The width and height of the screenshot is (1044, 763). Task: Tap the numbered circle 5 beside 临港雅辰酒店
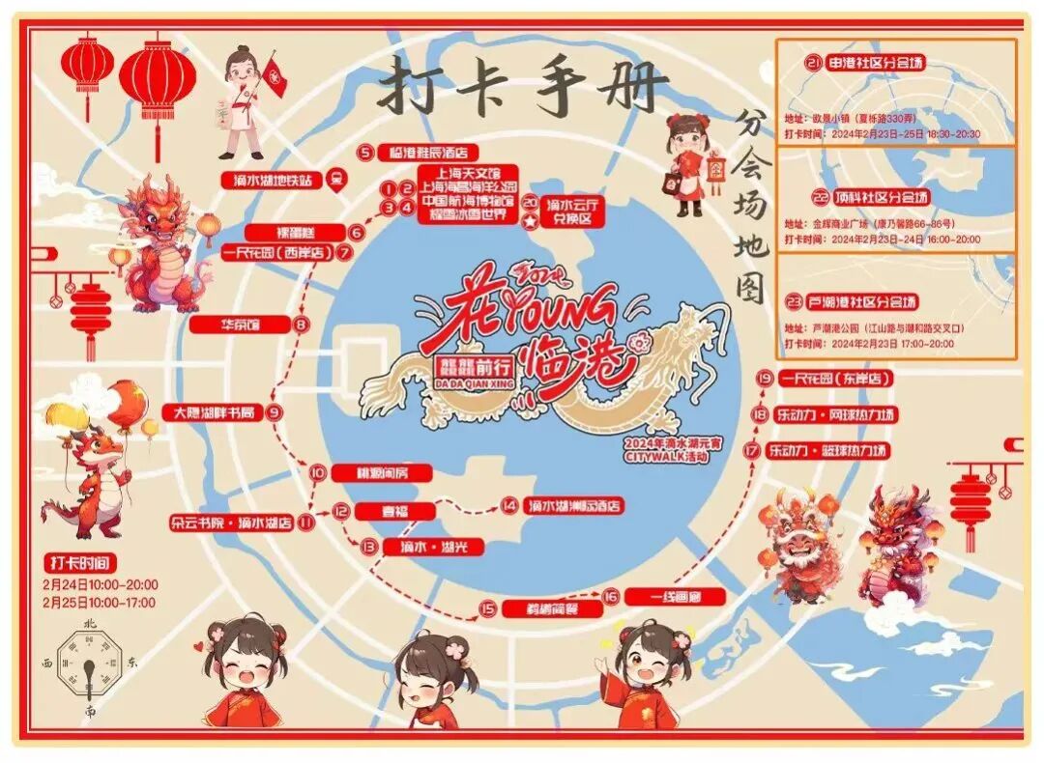point(365,152)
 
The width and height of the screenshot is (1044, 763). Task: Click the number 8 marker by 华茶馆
point(302,325)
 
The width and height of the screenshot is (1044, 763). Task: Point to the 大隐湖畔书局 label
point(214,412)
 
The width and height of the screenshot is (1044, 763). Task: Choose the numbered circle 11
point(306,523)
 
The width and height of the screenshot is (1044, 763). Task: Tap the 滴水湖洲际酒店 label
point(574,506)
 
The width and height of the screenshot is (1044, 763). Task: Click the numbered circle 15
point(488,608)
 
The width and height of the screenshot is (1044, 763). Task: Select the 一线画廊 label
point(675,597)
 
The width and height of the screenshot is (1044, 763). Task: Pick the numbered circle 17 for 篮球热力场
point(752,450)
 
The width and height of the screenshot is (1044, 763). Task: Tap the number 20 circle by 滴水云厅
point(530,201)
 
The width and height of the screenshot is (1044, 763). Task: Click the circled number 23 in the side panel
point(794,301)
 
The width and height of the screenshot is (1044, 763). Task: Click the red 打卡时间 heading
point(81,561)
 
